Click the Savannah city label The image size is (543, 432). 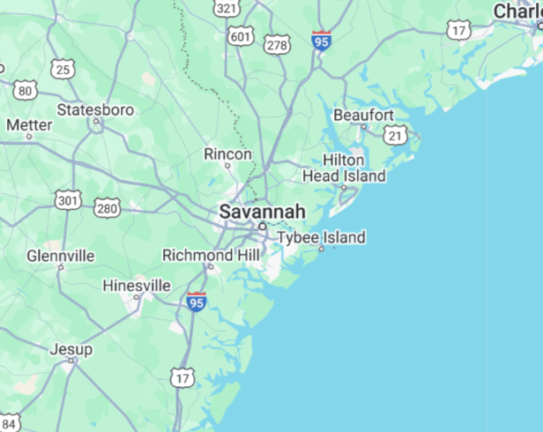(262, 212)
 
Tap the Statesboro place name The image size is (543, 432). (95, 110)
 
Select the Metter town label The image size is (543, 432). (29, 125)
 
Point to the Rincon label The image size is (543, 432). (227, 154)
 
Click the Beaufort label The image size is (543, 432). (363, 115)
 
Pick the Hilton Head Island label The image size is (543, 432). (344, 168)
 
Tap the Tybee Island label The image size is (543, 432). (321, 238)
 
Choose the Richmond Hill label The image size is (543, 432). (212, 255)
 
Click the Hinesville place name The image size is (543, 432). (137, 286)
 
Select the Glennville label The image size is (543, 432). (60, 256)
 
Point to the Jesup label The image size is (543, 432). (71, 349)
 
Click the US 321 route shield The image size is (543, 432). (227, 8)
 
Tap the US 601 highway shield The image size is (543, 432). (239, 36)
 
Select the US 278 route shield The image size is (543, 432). (277, 44)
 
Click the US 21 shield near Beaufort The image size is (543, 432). (396, 135)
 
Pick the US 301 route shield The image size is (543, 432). (67, 201)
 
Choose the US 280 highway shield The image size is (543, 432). (107, 208)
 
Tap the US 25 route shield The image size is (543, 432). (63, 69)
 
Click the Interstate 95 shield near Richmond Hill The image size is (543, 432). (197, 302)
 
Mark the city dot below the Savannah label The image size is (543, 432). (262, 227)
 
